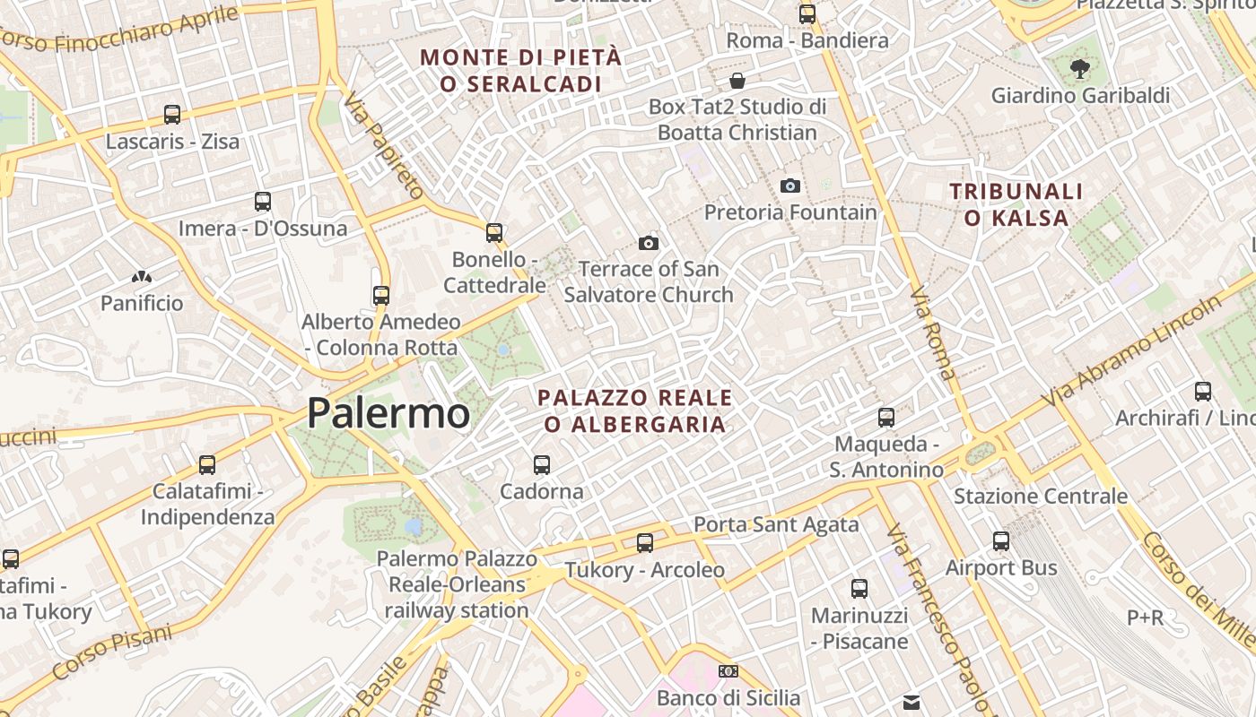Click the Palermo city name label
[388, 413]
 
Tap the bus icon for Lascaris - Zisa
[172, 115]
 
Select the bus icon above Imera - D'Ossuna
[263, 202]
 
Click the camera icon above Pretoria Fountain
[790, 186]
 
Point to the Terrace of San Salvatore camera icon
[649, 243]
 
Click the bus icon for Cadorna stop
[542, 464]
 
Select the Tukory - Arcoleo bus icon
[645, 542]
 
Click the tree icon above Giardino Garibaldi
[1080, 68]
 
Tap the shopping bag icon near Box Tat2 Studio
[737, 81]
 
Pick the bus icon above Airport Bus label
[1001, 541]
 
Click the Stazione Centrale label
[1041, 496]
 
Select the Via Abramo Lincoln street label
[1132, 350]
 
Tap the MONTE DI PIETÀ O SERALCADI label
[520, 70]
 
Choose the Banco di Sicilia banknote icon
[728, 670]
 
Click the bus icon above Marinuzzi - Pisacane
[859, 589]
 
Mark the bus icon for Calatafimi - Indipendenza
[207, 464]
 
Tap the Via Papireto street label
[384, 144]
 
